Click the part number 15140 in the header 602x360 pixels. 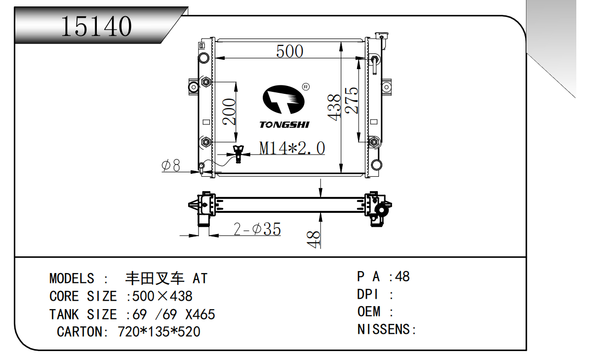pyautogui.click(x=96, y=26)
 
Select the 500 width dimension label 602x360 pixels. pyautogui.click(x=289, y=51)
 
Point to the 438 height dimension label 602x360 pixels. pyautogui.click(x=334, y=107)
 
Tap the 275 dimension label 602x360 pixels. pyautogui.click(x=351, y=101)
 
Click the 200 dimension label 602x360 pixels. pyautogui.click(x=229, y=112)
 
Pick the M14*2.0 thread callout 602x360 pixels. pyautogui.click(x=292, y=148)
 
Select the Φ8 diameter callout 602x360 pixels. pyautogui.click(x=171, y=165)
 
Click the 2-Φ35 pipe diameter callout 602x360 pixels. pyautogui.click(x=257, y=229)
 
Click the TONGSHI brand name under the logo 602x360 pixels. pyautogui.click(x=284, y=124)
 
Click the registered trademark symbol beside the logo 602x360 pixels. pyautogui.click(x=305, y=87)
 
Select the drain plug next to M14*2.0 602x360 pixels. pyautogui.click(x=239, y=154)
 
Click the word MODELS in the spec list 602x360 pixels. pyautogui.click(x=72, y=279)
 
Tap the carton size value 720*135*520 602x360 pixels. pyautogui.click(x=159, y=331)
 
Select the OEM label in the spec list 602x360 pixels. pyautogui.click(x=369, y=312)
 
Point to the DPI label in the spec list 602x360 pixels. pyautogui.click(x=368, y=294)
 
